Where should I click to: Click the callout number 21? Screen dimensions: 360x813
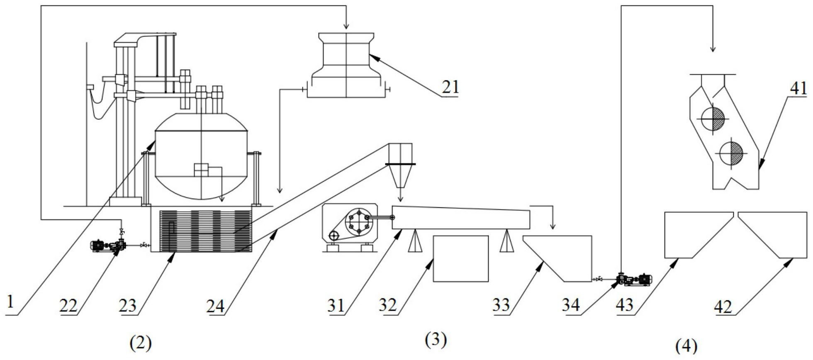click(450, 88)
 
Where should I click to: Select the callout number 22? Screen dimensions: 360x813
click(68, 306)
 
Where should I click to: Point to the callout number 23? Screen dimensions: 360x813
click(128, 306)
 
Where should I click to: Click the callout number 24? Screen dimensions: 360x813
click(216, 306)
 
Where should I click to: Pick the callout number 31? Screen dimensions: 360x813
click(336, 306)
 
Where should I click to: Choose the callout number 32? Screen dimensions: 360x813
click(388, 306)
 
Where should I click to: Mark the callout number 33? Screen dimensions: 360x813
click(501, 306)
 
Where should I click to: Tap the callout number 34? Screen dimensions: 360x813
click(571, 306)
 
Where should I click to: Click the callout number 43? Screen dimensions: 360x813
click(625, 306)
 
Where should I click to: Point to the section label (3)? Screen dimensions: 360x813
click(436, 340)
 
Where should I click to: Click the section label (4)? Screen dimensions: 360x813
click(686, 345)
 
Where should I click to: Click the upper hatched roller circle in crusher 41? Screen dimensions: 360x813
click(713, 119)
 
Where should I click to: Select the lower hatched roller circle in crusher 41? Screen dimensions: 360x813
click(731, 153)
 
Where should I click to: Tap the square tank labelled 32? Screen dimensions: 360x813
click(460, 259)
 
